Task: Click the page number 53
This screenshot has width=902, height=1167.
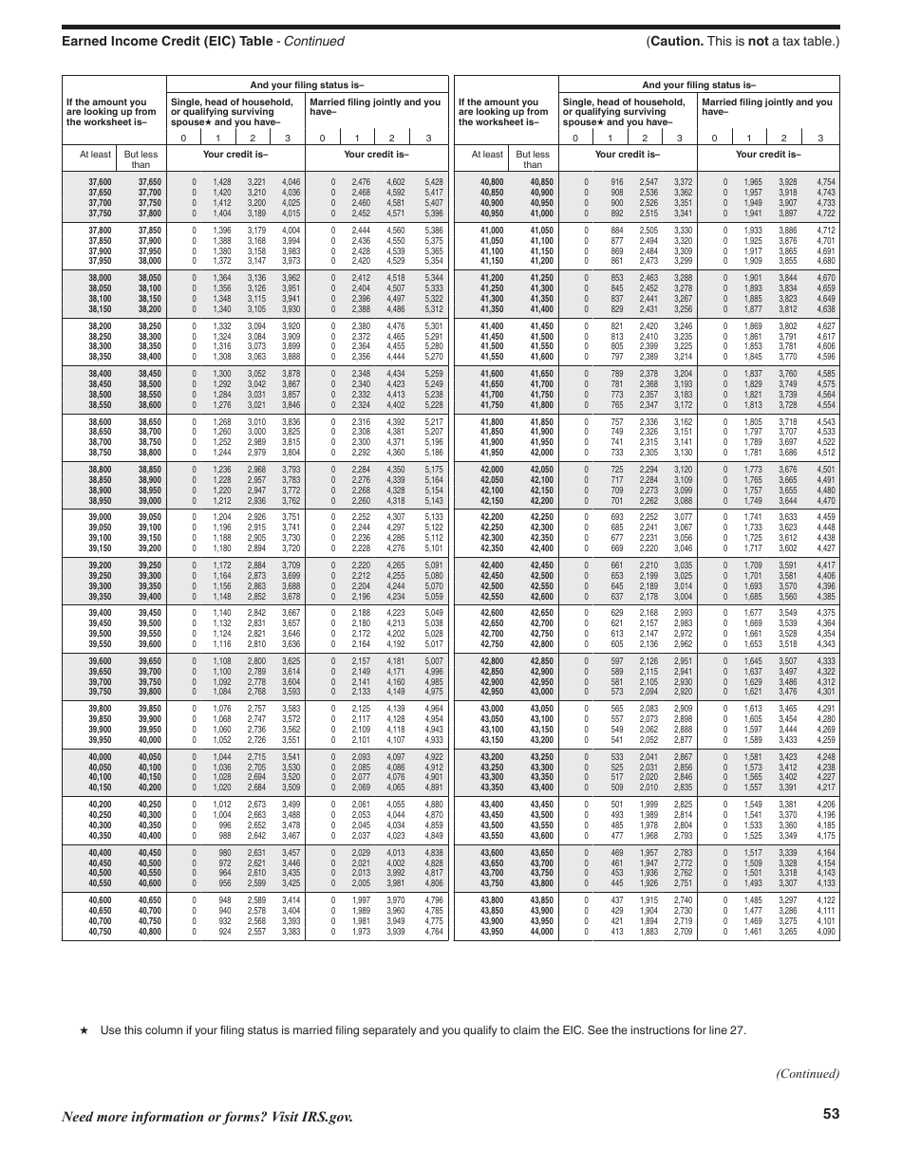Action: coord(832,1116)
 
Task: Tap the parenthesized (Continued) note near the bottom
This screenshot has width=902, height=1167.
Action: coord(808,1073)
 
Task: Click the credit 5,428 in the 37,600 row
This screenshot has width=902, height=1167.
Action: coord(434,181)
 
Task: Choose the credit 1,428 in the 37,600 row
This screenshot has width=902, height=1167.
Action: coord(222,181)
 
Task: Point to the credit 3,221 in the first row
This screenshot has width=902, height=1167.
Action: coord(256,181)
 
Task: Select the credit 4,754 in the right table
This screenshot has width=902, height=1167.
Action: coord(826,181)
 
